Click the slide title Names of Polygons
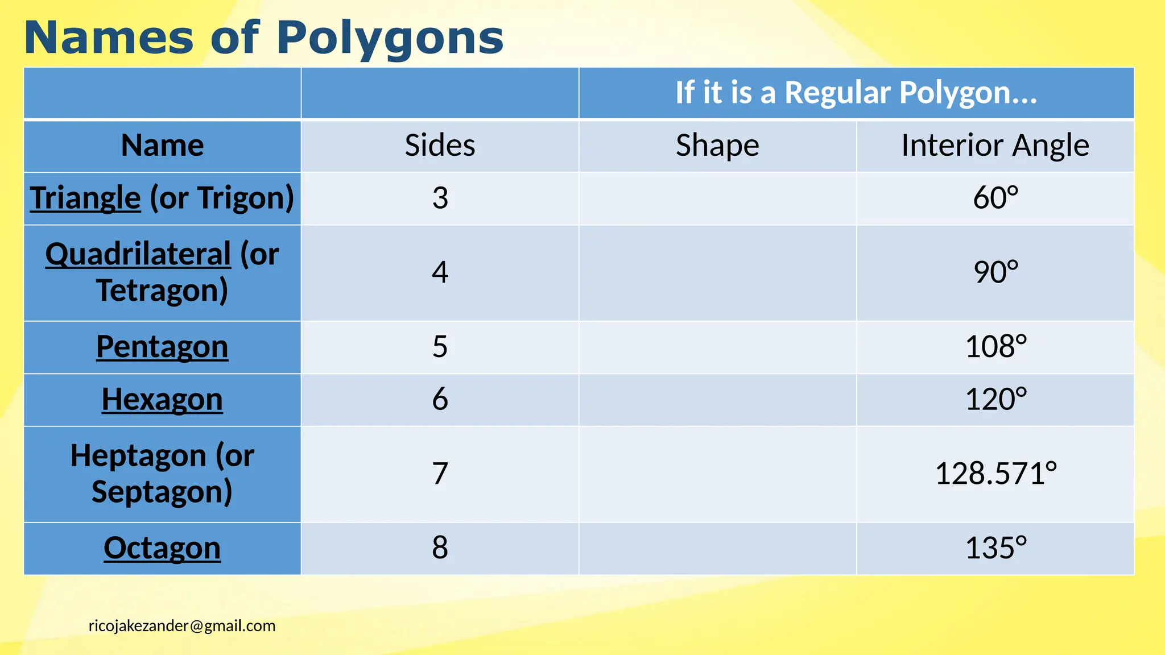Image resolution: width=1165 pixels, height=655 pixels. click(x=263, y=38)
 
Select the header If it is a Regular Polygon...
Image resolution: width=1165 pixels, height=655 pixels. click(x=856, y=93)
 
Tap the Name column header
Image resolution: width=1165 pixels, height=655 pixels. click(x=162, y=146)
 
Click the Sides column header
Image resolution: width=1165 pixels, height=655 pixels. click(x=440, y=146)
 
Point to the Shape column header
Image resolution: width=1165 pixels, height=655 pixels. click(x=717, y=146)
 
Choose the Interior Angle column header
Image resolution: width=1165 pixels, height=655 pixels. click(x=995, y=146)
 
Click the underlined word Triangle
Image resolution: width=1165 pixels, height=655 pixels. click(x=85, y=198)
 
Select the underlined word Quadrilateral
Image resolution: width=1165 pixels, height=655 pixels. click(x=138, y=254)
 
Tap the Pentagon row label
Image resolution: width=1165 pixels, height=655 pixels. click(x=162, y=347)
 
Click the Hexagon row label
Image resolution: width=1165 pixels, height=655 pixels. click(x=162, y=399)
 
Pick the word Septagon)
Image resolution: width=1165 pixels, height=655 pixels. click(x=162, y=492)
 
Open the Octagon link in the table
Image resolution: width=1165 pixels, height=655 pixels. click(x=162, y=548)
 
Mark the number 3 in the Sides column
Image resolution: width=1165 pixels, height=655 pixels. click(x=440, y=198)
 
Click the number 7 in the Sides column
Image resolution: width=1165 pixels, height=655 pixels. click(x=440, y=474)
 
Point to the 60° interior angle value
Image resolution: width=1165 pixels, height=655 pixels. click(x=995, y=198)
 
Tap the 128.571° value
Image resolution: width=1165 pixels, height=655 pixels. click(x=995, y=474)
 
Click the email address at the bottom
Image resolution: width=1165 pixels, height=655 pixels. click(x=182, y=626)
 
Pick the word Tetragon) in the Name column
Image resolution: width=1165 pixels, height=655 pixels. click(x=162, y=291)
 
